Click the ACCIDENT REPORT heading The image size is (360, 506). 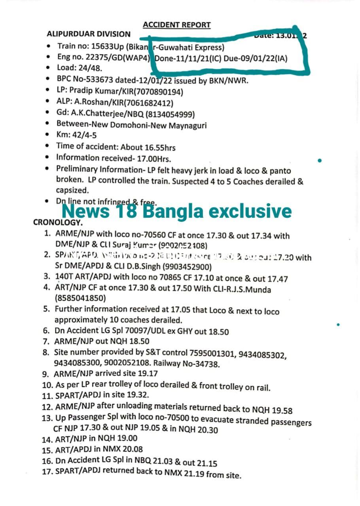176,25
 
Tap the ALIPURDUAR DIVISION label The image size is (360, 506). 88,34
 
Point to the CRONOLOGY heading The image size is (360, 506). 58,222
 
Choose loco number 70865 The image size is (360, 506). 172,278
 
